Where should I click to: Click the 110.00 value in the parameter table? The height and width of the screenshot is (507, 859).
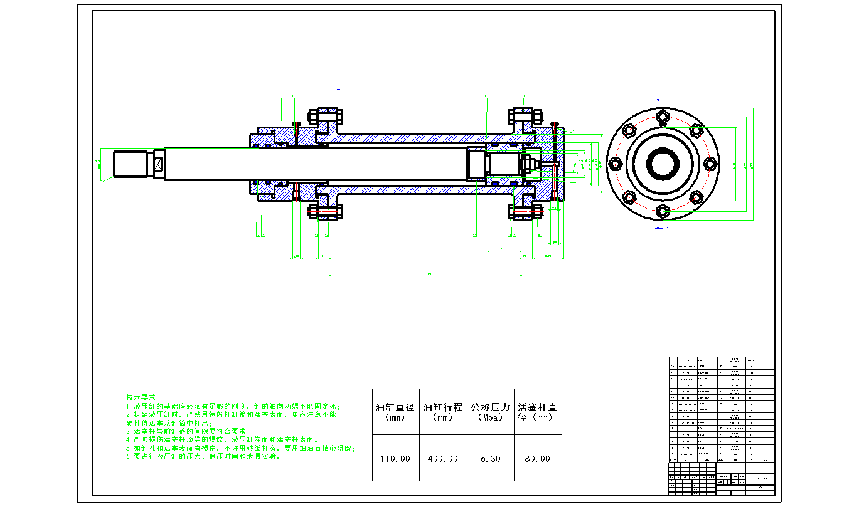(x=395, y=459)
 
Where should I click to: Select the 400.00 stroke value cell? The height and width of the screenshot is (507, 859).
(x=443, y=459)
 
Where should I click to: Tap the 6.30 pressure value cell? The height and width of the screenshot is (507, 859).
(x=490, y=459)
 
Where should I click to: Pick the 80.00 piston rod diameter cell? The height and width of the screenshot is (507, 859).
(x=537, y=459)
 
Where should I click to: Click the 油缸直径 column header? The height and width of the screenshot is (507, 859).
(x=395, y=411)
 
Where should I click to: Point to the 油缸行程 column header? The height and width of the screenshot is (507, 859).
(x=443, y=411)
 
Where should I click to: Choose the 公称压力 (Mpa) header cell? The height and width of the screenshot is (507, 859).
(x=490, y=411)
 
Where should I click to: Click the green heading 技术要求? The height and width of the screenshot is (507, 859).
(x=141, y=398)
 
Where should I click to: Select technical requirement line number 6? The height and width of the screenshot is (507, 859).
(x=203, y=457)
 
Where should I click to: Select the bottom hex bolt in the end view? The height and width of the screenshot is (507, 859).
(x=663, y=212)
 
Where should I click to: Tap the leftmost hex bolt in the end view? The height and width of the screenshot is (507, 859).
(x=615, y=164)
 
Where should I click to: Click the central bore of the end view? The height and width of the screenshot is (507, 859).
(x=663, y=164)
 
